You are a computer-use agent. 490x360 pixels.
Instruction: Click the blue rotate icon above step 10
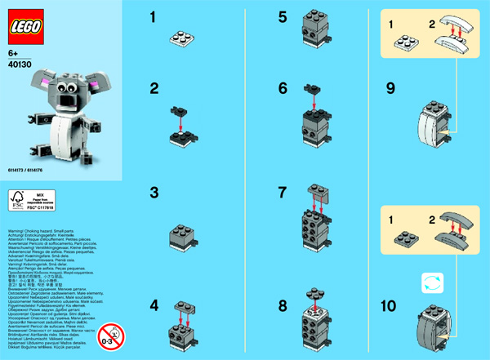[430, 282]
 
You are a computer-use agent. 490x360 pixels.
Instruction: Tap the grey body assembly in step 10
[433, 327]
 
